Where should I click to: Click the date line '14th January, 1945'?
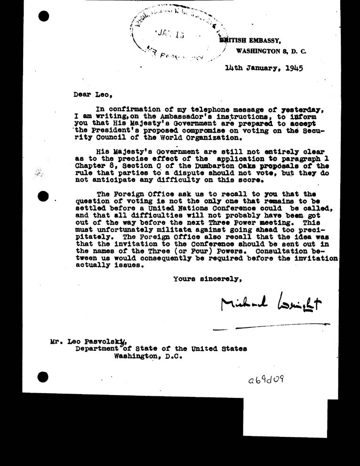point(264,67)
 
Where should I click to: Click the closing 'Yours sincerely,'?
point(208,278)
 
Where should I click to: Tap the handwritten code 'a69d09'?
point(266,380)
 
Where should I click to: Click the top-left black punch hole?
point(44,16)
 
